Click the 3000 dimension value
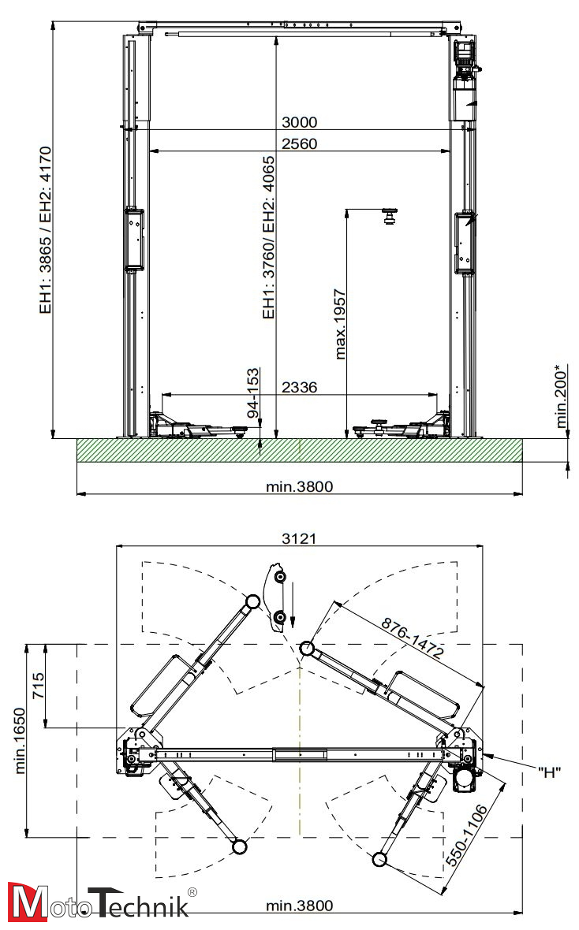point(300,122)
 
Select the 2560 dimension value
point(300,143)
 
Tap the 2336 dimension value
point(300,387)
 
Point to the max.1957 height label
point(341,323)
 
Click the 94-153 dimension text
point(253,392)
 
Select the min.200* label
point(562,396)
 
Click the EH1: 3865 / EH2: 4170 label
point(45,229)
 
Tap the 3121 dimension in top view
point(300,538)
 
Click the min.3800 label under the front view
point(300,486)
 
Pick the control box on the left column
point(134,239)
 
